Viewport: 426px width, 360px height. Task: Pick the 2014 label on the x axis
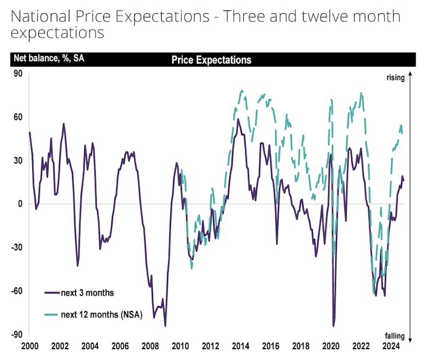240,346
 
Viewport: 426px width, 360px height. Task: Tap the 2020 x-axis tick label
331,346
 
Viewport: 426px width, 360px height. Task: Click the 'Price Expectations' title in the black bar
211,60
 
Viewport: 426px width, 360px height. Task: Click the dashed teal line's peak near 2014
241,91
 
